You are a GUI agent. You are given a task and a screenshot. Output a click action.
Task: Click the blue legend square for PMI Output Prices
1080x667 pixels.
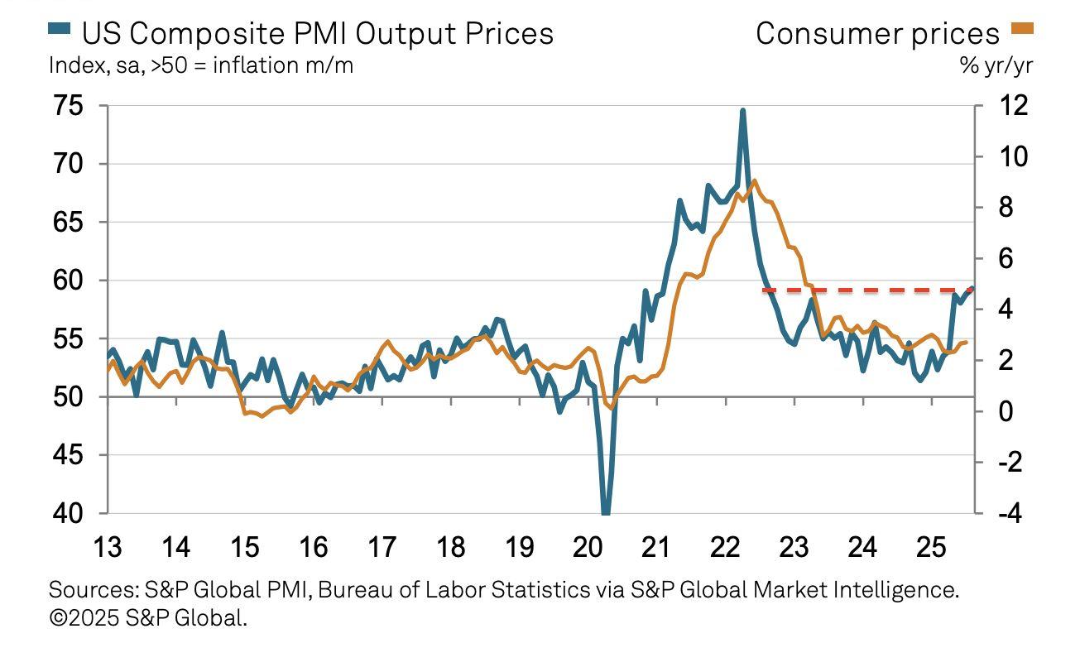(59, 31)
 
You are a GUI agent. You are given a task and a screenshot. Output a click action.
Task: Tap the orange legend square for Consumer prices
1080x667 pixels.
(1022, 31)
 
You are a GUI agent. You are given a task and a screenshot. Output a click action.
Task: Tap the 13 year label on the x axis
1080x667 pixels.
(108, 547)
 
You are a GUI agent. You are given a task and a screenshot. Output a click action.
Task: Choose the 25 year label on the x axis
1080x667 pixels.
(930, 547)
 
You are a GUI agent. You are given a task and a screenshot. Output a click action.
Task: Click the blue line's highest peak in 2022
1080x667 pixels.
(742, 110)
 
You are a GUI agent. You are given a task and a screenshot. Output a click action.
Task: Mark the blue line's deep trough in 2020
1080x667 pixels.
(606, 511)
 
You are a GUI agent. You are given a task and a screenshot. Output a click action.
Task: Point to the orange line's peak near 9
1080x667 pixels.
(754, 180)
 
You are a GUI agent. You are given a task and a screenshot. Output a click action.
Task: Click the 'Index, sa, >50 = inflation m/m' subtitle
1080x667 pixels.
(201, 65)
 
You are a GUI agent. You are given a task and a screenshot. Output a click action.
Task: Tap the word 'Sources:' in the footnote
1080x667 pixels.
(92, 590)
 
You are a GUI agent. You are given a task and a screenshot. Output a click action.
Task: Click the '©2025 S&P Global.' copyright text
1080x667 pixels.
(148, 617)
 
